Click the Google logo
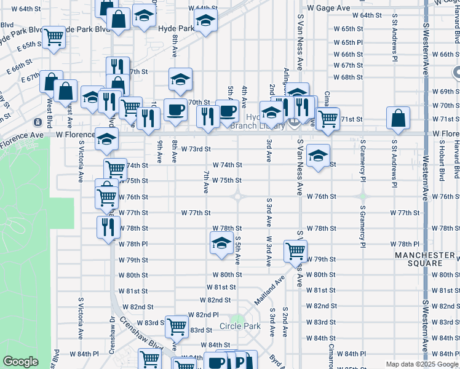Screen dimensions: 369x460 coord(20,362)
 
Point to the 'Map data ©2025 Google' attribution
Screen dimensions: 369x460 coord(422,365)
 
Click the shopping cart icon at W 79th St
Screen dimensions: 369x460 coord(295,250)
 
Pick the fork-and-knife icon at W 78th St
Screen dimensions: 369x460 coord(108,226)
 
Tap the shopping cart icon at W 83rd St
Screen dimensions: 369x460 coord(177,325)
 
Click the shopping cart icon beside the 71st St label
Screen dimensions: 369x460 coord(328,117)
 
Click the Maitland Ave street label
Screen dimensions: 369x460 coord(271,288)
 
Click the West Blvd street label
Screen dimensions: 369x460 coord(49,104)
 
